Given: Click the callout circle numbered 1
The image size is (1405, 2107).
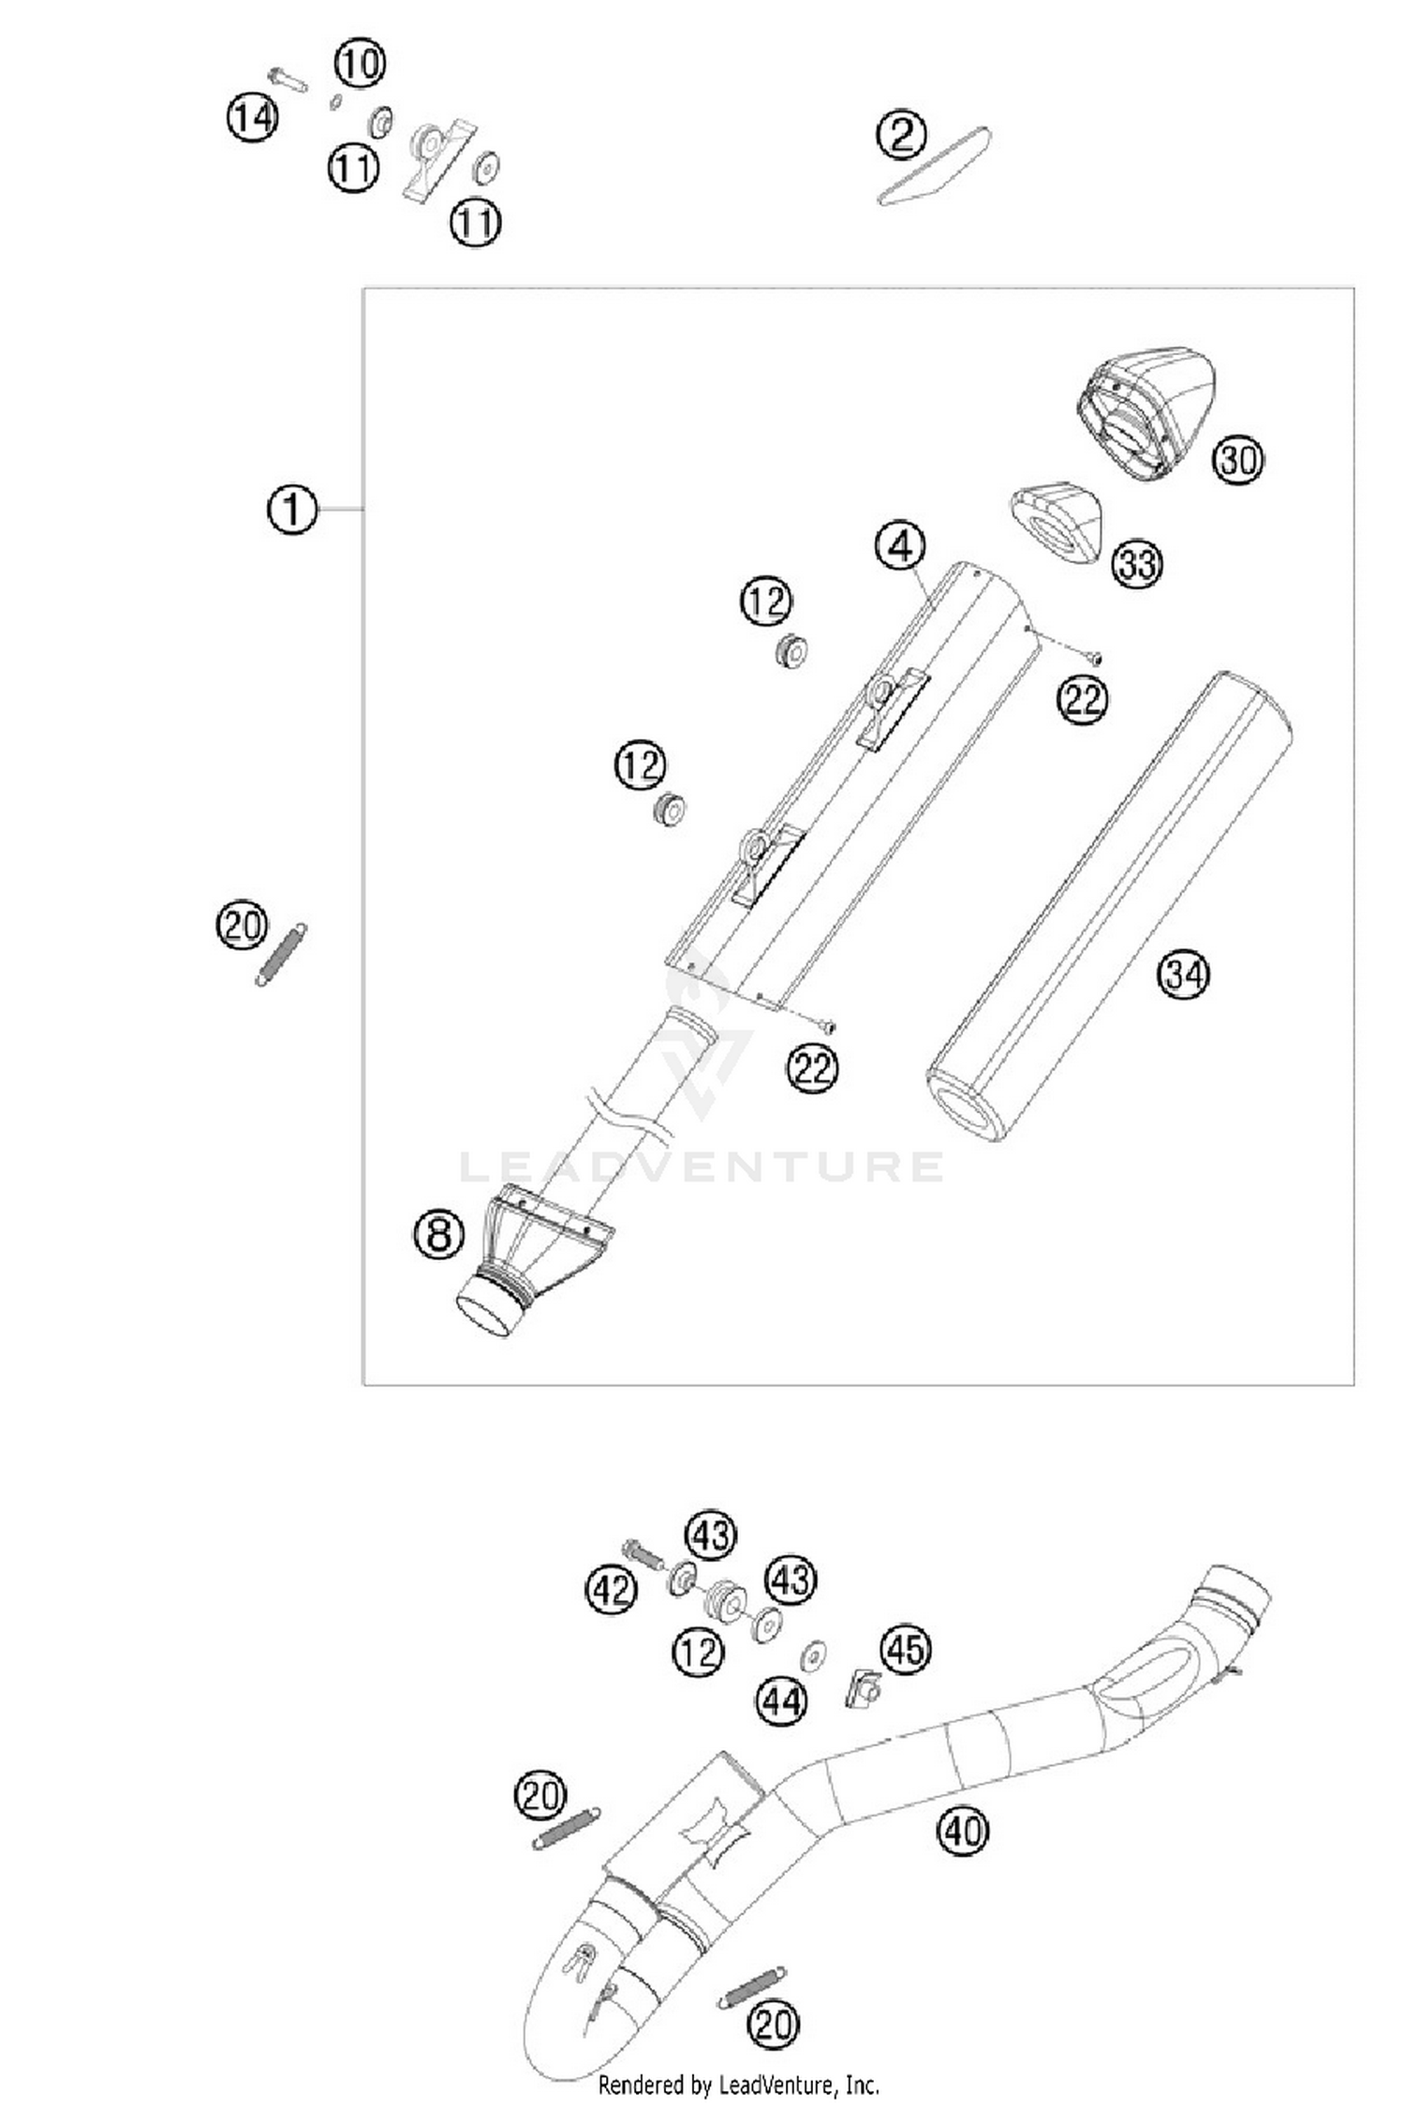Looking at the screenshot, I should (x=292, y=510).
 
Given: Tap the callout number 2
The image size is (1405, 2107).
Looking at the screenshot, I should (x=901, y=135).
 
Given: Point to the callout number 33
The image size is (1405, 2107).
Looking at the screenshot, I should (x=1137, y=564).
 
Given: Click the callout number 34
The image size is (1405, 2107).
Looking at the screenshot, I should (x=1183, y=974).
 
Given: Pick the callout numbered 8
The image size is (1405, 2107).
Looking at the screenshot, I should (x=439, y=1234).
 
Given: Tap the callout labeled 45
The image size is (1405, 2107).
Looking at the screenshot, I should (x=905, y=1675).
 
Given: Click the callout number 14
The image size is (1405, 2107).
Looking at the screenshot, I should (x=253, y=118).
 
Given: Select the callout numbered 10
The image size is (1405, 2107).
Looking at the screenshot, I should (x=360, y=64).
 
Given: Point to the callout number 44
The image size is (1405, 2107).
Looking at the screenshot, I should (x=782, y=1700).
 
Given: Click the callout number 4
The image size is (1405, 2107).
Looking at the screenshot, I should (x=900, y=545).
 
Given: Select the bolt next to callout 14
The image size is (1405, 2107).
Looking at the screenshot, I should (x=288, y=81).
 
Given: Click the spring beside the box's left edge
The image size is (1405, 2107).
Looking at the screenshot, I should (x=279, y=955).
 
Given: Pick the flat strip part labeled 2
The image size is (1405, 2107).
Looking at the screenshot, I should (x=933, y=166).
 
